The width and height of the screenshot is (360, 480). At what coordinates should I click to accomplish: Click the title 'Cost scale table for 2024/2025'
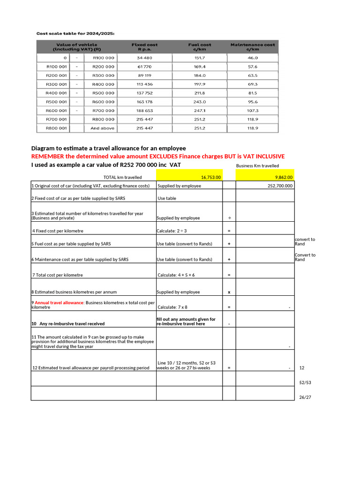point(75,33)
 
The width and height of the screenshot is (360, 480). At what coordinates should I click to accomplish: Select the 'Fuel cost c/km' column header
point(200,47)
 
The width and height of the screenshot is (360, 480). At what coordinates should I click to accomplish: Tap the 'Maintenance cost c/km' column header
point(253,47)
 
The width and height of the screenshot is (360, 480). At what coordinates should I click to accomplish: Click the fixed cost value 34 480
point(144,58)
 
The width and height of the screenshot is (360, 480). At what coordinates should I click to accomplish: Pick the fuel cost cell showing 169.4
point(200,67)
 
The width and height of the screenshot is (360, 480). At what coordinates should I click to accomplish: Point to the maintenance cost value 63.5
point(253,75)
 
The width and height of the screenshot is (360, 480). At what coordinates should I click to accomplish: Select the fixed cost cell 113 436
point(144,84)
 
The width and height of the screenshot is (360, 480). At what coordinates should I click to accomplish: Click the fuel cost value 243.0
point(200,102)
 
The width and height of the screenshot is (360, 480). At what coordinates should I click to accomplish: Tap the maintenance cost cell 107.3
point(253,111)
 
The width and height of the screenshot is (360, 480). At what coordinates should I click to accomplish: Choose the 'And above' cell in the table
point(102,128)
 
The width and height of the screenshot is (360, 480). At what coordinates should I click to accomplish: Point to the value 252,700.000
point(279,186)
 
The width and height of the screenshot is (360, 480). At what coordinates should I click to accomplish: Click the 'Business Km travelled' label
point(257,166)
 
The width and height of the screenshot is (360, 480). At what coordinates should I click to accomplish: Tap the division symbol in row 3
point(229,217)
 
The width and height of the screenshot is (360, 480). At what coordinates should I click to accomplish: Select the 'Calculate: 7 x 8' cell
point(172,307)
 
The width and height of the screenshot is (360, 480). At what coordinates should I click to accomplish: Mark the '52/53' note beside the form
point(305,382)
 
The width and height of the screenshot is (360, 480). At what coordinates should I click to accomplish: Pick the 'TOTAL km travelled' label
point(122,177)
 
